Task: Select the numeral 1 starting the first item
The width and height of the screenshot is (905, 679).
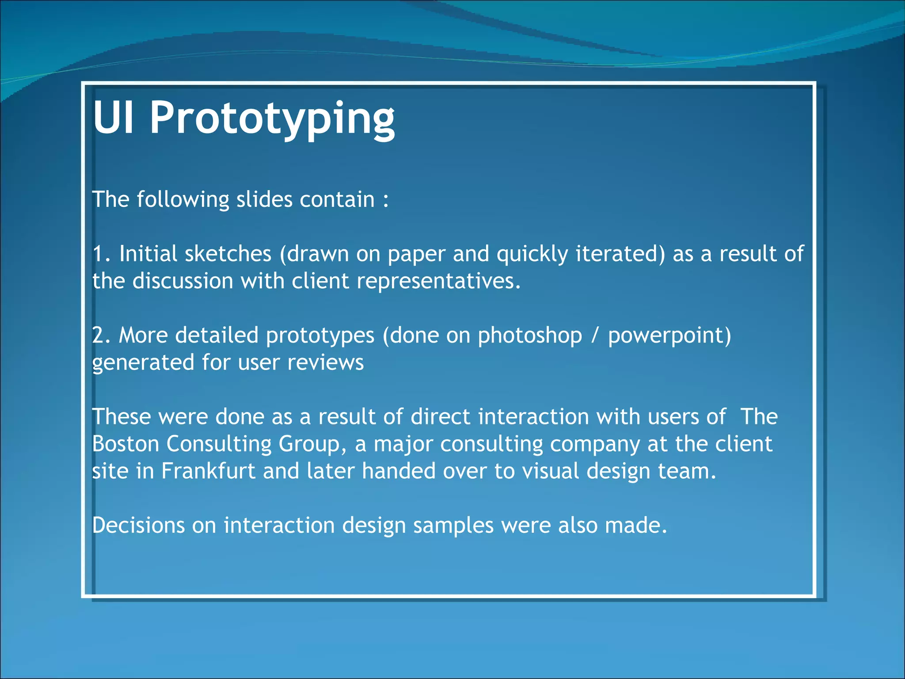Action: [98, 254]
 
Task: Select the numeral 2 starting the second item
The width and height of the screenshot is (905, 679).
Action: [98, 336]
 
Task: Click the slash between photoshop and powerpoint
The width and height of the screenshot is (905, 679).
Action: [595, 336]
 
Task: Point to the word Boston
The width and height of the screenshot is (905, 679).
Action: [125, 444]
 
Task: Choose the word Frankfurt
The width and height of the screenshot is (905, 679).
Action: [208, 471]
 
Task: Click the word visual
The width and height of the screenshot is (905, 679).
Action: [551, 471]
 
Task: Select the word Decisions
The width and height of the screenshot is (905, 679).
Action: [138, 526]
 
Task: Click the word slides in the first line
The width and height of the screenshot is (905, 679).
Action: [264, 200]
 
